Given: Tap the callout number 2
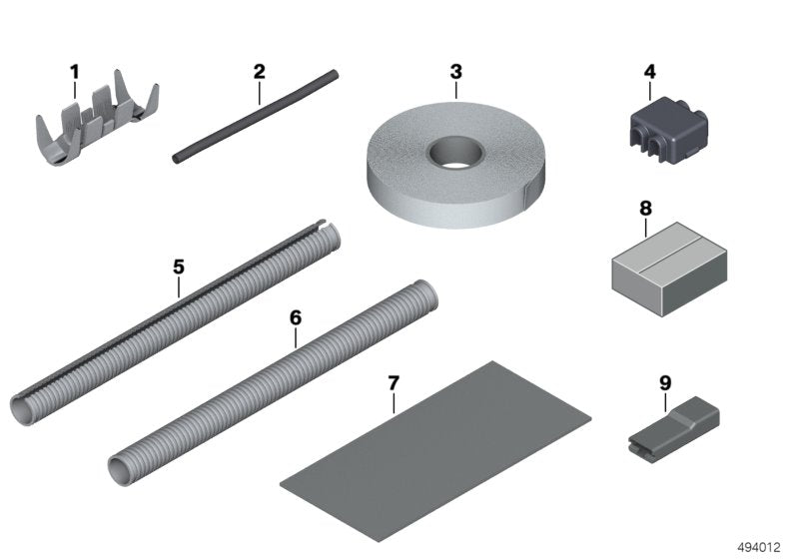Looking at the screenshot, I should click(259, 71).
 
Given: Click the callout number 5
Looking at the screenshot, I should click(179, 267).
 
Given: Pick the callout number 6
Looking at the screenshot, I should click(295, 317).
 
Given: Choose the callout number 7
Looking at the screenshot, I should click(394, 382).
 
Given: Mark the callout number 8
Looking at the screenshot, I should click(645, 209).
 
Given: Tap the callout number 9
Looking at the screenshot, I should click(665, 381).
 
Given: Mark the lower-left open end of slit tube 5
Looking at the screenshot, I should click(28, 408).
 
